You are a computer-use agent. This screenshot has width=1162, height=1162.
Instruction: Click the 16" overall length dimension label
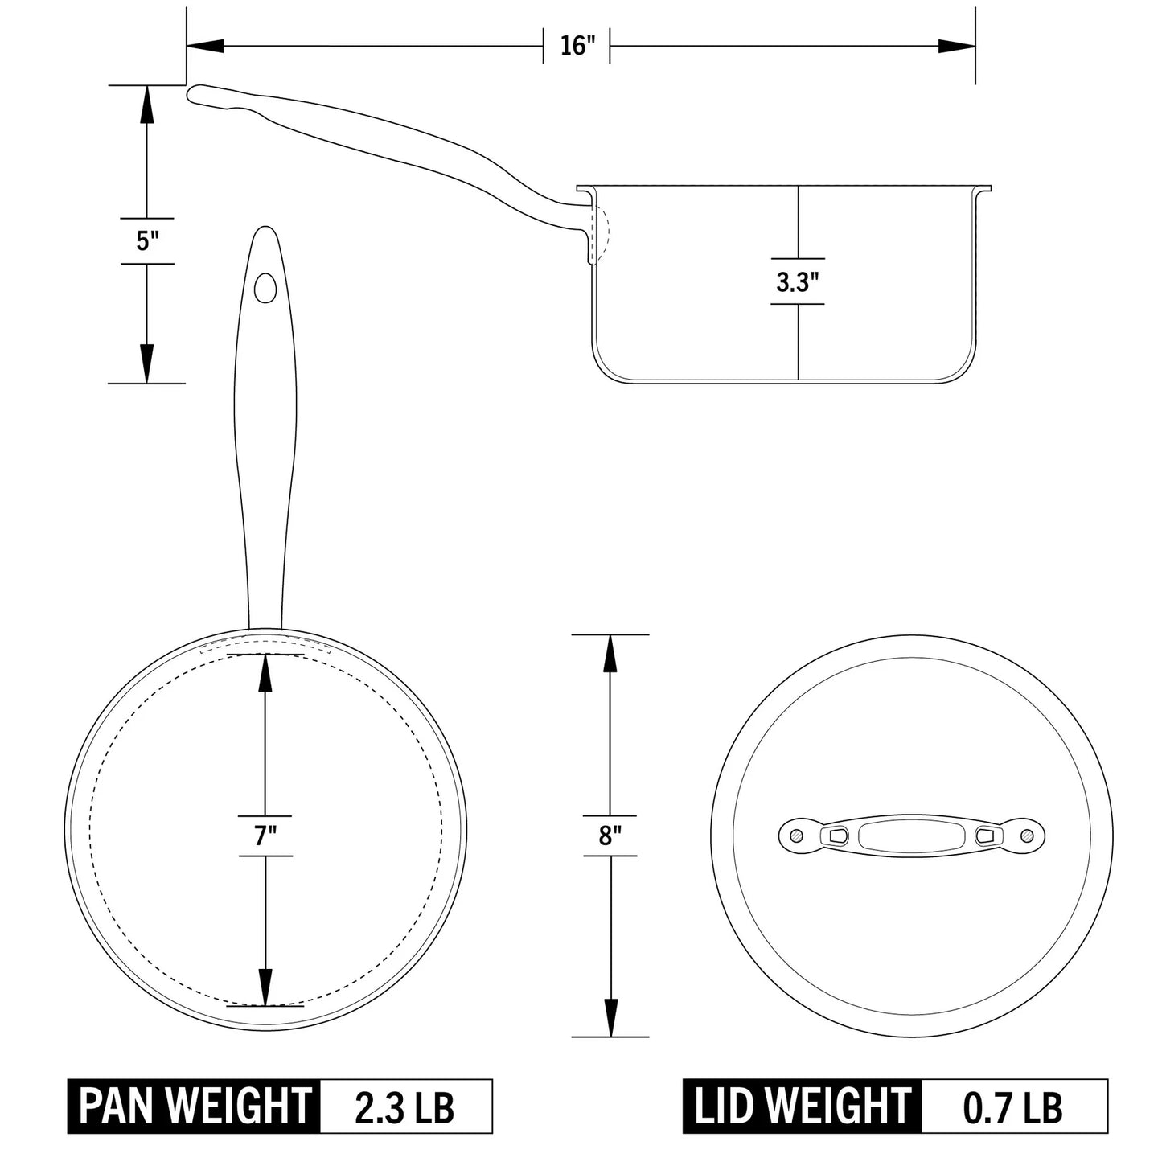(576, 46)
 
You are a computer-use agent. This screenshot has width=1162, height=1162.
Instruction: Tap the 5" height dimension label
(146, 240)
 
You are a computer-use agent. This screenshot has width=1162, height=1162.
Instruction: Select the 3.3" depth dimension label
(797, 282)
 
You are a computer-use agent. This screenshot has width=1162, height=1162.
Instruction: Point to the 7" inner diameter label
(265, 836)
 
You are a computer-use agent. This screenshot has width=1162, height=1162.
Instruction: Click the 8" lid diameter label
(610, 836)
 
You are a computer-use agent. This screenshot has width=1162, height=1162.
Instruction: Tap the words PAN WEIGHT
(195, 1107)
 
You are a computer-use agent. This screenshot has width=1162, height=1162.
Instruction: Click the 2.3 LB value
(404, 1107)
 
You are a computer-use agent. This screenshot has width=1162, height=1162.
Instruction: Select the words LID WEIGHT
(802, 1107)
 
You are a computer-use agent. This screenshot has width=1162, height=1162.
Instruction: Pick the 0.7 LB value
(1013, 1107)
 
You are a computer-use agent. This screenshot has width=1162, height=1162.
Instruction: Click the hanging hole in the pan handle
(265, 287)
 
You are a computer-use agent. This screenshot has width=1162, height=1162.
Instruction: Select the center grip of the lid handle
(911, 836)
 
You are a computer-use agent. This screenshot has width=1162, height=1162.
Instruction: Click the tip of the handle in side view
(194, 94)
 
